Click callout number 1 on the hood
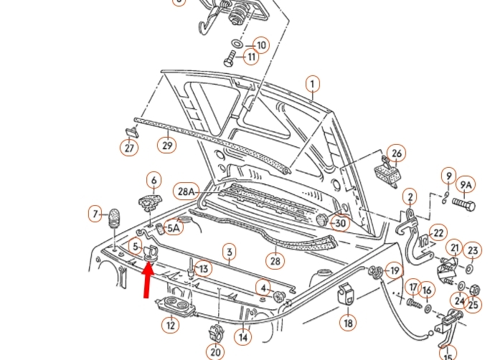(x=312, y=85)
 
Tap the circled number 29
(x=166, y=146)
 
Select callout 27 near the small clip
(x=128, y=148)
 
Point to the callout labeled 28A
(x=187, y=191)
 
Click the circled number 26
(x=396, y=153)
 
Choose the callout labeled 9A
(x=466, y=186)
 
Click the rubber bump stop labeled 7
(x=113, y=217)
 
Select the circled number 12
(x=170, y=325)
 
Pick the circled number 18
(x=348, y=323)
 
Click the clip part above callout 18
(x=347, y=296)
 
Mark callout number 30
(x=340, y=223)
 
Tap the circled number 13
(x=203, y=269)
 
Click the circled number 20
(x=215, y=352)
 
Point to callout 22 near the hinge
(x=438, y=232)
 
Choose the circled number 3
(x=229, y=252)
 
